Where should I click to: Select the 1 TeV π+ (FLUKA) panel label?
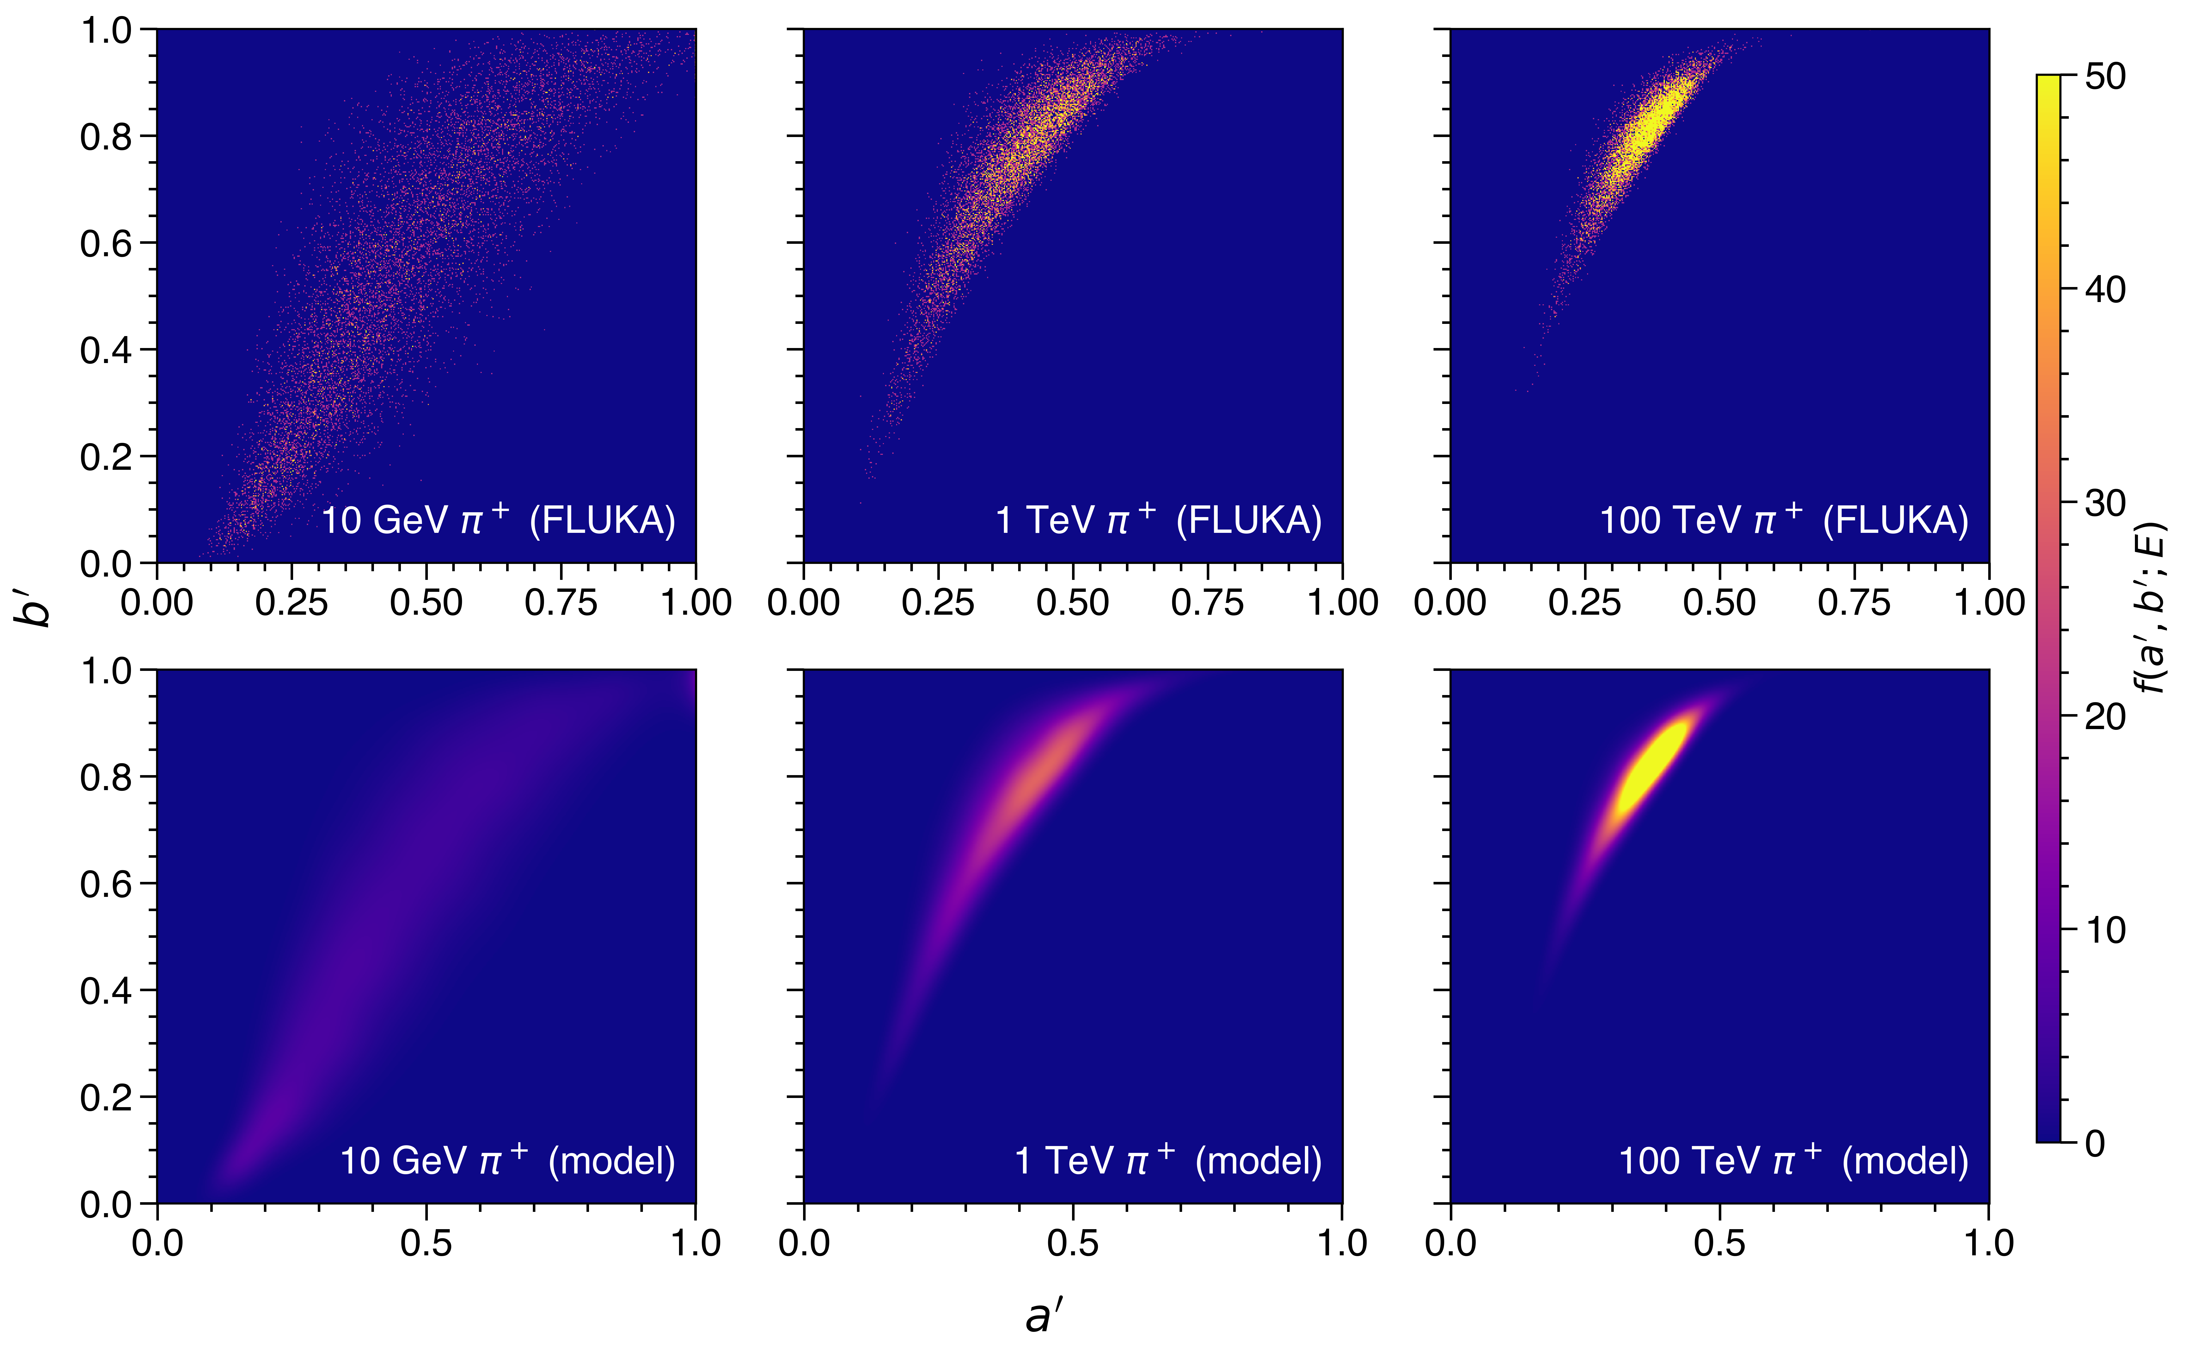pos(1158,520)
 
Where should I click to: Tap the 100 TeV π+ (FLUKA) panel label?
pos(1784,520)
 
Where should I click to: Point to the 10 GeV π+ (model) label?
pos(507,1161)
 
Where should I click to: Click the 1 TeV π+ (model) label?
pos(1168,1161)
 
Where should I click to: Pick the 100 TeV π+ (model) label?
pos(1793,1161)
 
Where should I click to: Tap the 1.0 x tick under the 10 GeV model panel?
pos(696,1243)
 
